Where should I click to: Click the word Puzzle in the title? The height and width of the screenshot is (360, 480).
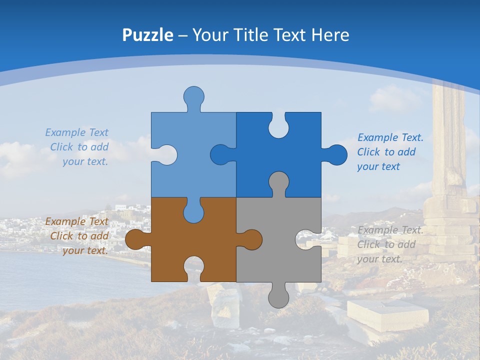pos(147,35)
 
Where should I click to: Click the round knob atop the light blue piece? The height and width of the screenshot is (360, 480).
pos(193,96)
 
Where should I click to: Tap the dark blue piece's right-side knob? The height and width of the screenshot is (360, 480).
pos(336,155)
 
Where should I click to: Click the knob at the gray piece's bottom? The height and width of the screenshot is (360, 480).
pos(278,298)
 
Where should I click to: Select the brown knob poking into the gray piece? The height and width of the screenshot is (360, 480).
pos(251,239)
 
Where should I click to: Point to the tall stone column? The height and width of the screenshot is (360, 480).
pos(448,145)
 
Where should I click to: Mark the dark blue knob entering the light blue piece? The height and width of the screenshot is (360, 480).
pos(220,155)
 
